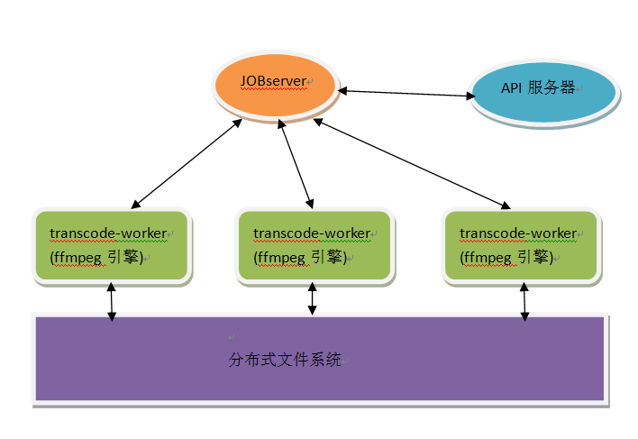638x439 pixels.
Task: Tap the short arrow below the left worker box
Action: pyautogui.click(x=111, y=302)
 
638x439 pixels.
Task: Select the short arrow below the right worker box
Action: pyautogui.click(x=524, y=304)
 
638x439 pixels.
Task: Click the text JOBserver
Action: pyautogui.click(x=273, y=80)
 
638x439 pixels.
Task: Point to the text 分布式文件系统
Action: pyautogui.click(x=285, y=361)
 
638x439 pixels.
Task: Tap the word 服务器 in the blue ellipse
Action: pyautogui.click(x=552, y=88)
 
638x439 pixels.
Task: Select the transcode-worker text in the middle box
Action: pyautogui.click(x=311, y=233)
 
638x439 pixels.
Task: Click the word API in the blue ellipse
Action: pyautogui.click(x=512, y=88)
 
